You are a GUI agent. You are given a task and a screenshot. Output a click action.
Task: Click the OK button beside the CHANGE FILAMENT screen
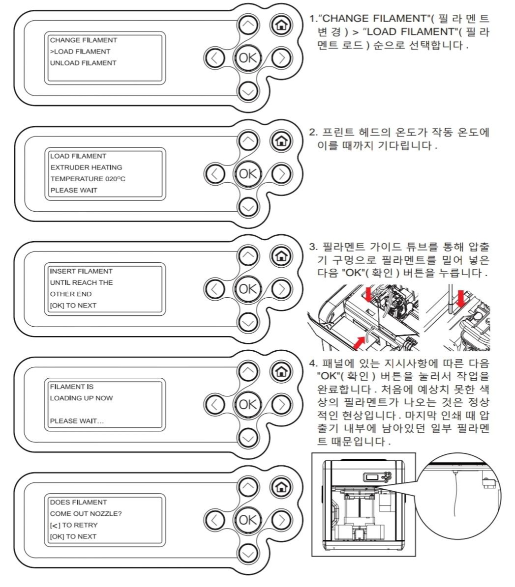247,57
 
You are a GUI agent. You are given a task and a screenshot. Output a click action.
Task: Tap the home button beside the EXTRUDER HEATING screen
281,140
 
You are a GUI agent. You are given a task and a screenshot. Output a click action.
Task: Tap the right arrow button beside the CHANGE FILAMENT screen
281,58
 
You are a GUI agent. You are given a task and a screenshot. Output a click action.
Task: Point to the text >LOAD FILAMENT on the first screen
80,52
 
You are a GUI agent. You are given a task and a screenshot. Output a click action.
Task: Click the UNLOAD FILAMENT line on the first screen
83,63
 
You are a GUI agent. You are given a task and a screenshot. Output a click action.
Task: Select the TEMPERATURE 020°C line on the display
88,179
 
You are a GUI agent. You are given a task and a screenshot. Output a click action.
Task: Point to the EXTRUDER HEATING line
86,168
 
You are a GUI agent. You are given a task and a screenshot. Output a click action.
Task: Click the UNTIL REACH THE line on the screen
81,282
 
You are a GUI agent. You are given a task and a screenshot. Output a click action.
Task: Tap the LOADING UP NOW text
81,398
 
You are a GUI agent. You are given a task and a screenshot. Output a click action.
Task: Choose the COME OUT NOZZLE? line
86,514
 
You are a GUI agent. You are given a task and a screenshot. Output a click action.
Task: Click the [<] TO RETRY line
74,525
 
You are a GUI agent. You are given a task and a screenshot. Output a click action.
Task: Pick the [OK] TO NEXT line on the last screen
73,536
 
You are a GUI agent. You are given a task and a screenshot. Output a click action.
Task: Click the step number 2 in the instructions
312,133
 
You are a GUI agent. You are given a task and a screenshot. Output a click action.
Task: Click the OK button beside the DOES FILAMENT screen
247,519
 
